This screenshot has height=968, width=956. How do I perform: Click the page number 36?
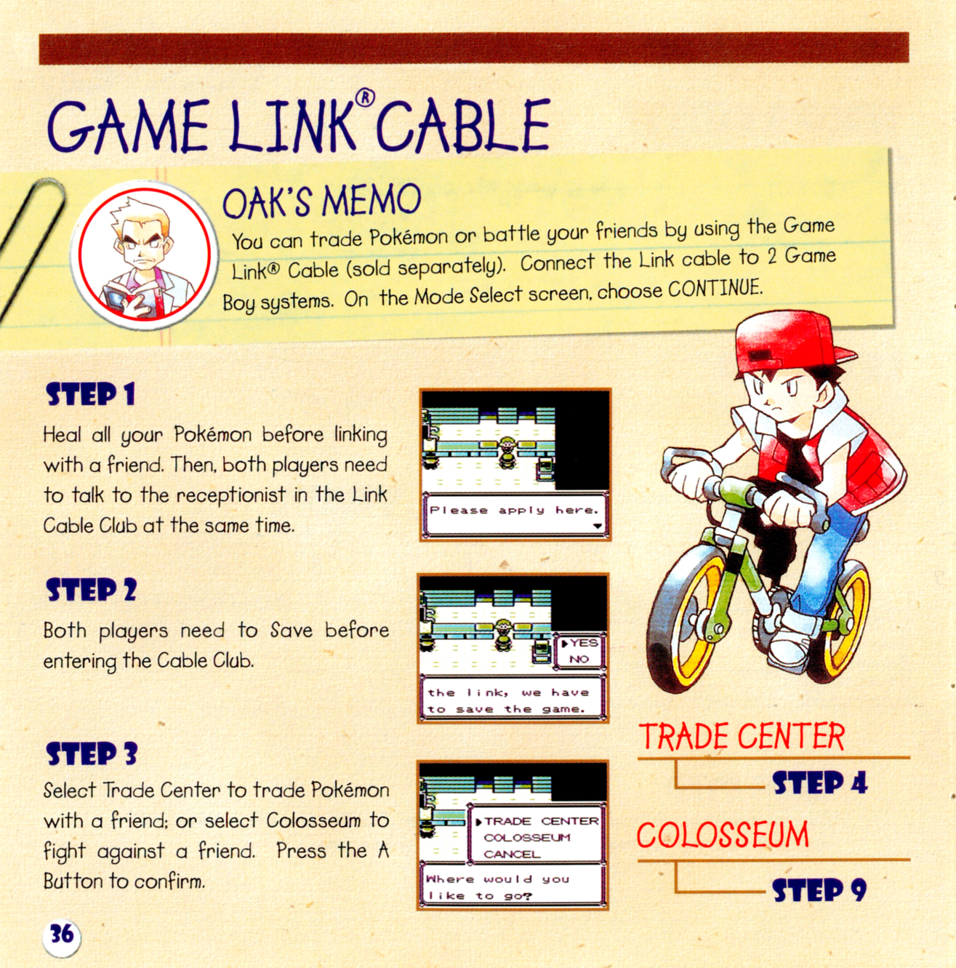62,935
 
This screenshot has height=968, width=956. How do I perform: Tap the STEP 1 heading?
90,394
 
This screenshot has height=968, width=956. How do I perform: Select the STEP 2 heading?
91,590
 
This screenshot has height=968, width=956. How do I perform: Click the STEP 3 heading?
92,753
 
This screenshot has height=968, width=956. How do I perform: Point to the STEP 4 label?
820,782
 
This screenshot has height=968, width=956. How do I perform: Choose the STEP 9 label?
819,890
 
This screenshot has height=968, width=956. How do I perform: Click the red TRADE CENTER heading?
742,737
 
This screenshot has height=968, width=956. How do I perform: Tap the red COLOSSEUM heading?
723,835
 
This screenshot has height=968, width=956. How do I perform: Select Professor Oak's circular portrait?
144,255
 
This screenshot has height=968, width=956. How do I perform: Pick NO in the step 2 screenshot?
579,659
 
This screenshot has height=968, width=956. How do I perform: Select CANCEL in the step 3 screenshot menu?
512,854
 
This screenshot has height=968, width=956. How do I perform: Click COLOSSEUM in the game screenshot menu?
527,837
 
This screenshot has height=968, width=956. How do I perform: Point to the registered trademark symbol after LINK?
365,98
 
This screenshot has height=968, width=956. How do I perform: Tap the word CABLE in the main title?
463,126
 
